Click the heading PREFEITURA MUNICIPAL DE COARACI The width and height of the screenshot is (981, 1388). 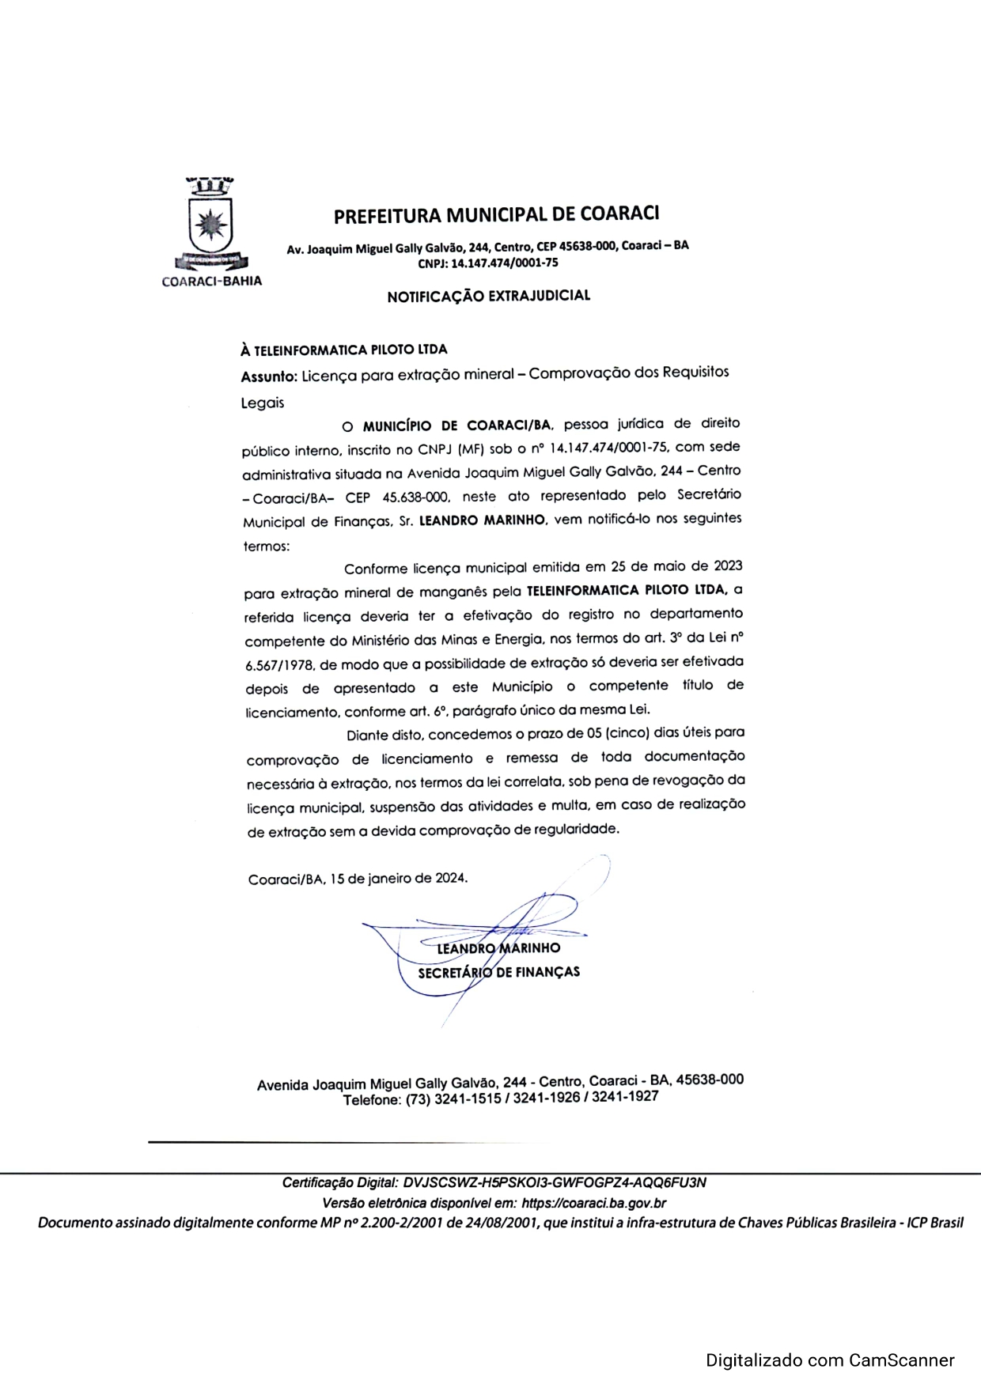pos(496,214)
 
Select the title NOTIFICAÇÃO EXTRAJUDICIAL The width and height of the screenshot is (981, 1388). pos(488,297)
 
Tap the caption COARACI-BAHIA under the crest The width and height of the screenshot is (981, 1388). pos(211,281)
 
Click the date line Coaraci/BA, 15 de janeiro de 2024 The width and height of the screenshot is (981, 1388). pos(358,879)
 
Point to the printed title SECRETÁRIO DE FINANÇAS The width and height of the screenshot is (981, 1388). pos(498,972)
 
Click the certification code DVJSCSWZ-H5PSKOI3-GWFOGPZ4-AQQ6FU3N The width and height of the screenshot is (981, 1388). pos(554,1183)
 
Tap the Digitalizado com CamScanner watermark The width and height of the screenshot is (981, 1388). pos(830,1361)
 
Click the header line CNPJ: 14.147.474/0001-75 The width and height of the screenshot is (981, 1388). pos(487,263)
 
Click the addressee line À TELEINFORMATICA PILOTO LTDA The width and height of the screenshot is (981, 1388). pos(344,349)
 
